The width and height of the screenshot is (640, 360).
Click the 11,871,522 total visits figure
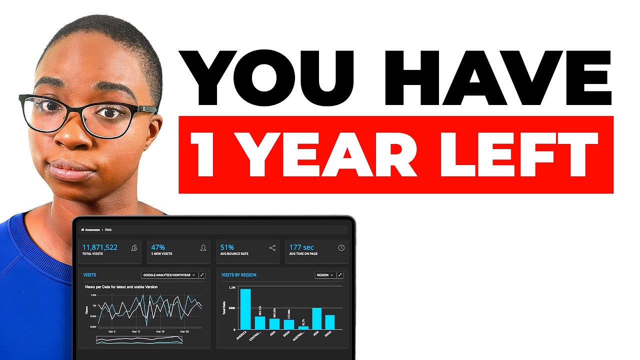click(x=100, y=247)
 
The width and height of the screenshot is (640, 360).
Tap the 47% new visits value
click(x=158, y=247)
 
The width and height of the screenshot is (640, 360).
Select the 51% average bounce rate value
click(x=227, y=247)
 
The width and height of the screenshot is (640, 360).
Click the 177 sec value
click(x=301, y=247)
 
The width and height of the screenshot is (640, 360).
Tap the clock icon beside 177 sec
click(x=341, y=247)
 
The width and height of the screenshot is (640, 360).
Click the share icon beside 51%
click(x=272, y=247)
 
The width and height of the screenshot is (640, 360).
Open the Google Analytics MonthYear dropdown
click(x=169, y=275)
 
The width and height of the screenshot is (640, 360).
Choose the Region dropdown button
click(x=325, y=275)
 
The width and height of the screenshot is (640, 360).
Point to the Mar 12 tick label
click(x=136, y=331)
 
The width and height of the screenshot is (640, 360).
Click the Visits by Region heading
click(x=239, y=275)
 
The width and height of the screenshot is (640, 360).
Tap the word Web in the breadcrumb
click(x=108, y=230)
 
